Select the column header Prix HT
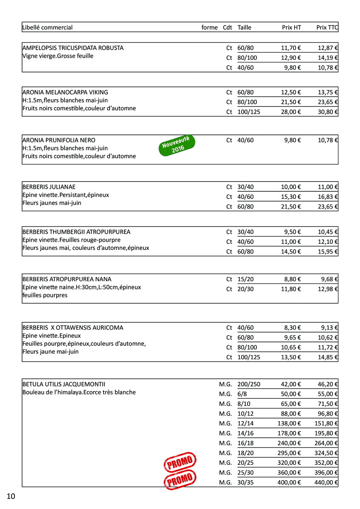291,28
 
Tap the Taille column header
245,28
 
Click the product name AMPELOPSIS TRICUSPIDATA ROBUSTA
73,48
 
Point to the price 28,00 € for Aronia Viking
291,112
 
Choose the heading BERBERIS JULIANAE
49,187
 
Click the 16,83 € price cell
328,197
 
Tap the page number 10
11,496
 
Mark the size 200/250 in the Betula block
249,384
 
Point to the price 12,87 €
328,48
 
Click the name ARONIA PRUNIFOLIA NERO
59,140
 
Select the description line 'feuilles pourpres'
45,295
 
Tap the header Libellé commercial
48,28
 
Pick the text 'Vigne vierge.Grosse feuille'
58,56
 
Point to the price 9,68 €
329,279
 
